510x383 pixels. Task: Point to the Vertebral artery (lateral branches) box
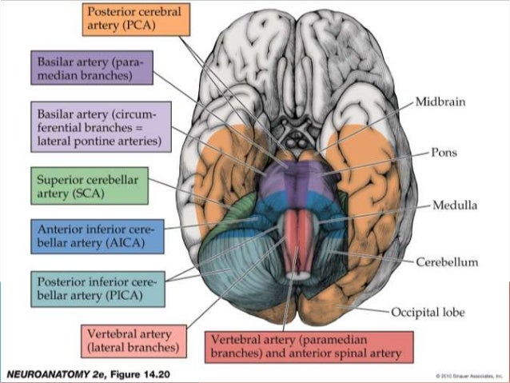134,340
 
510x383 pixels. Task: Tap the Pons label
444,151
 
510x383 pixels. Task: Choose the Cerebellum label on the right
446,261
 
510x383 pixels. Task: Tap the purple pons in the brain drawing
295,180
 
